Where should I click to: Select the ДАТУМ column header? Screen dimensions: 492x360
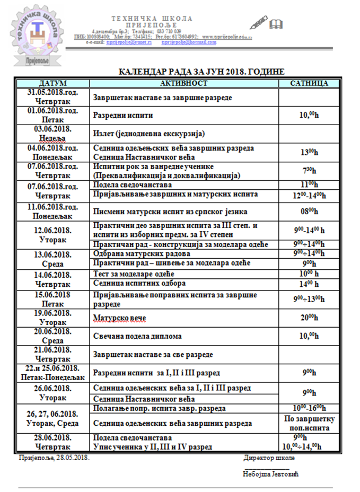pyautogui.click(x=52, y=83)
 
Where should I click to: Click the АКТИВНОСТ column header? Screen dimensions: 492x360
pyautogui.click(x=183, y=83)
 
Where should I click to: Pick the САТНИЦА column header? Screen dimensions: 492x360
pyautogui.click(x=309, y=83)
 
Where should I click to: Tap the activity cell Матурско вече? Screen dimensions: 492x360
pyautogui.click(x=120, y=318)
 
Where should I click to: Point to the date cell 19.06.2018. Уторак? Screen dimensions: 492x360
pyautogui.click(x=52, y=318)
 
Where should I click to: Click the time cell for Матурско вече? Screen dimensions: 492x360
pyautogui.click(x=309, y=318)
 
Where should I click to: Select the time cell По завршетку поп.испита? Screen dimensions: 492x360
pyautogui.click(x=309, y=423)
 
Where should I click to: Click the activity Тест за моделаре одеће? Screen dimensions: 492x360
pyautogui.click(x=135, y=274)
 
